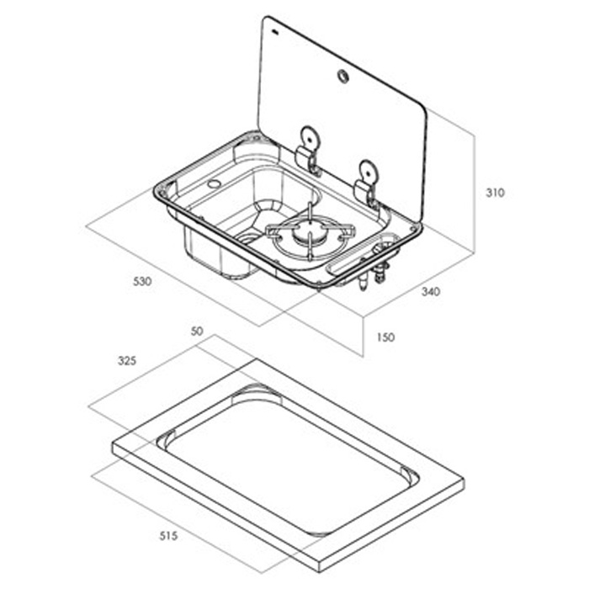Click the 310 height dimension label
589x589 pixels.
click(x=495, y=193)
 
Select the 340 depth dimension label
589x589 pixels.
click(x=431, y=292)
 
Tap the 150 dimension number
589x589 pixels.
click(x=386, y=337)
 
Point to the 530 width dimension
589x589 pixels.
click(x=143, y=282)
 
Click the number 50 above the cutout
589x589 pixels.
click(x=198, y=332)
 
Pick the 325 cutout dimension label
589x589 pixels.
click(x=127, y=360)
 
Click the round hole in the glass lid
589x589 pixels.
click(x=343, y=77)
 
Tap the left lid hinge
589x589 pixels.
click(x=307, y=150)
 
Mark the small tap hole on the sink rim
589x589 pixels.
click(x=214, y=183)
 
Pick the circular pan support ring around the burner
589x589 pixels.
click(x=310, y=240)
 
